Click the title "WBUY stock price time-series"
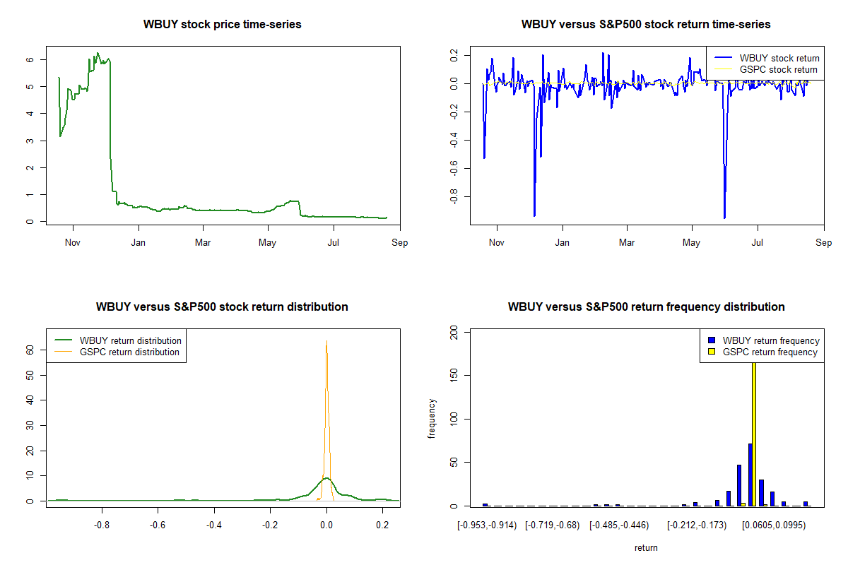(222, 25)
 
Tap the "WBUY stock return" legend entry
(779, 58)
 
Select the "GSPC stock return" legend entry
(778, 69)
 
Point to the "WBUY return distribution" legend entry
(131, 340)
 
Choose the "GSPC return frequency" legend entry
(770, 352)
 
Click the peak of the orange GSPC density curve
(326, 341)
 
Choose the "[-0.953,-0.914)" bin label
(487, 525)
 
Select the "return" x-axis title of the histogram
(646, 548)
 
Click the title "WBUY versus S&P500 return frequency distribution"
(646, 307)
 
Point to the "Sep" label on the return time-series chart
(823, 243)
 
